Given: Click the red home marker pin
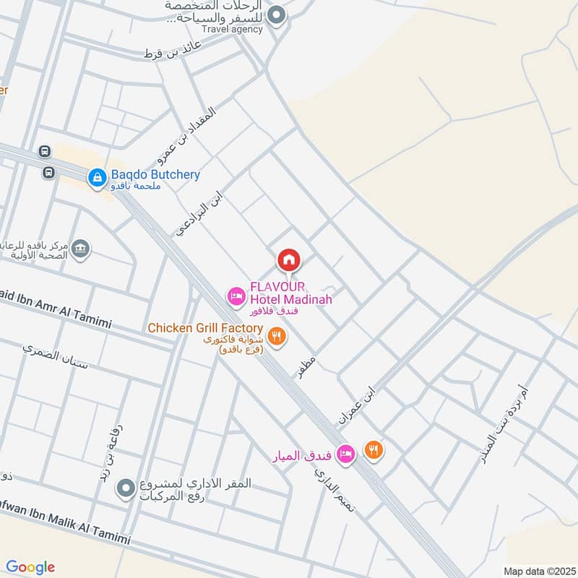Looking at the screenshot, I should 288,259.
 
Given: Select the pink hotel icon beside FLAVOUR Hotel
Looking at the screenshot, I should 236,296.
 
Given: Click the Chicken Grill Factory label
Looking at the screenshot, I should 205,328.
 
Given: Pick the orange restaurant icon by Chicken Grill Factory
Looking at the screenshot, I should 276,336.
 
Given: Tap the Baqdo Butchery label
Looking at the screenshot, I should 155,175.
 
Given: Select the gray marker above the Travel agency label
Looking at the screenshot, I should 276,14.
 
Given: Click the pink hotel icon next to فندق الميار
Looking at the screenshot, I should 346,453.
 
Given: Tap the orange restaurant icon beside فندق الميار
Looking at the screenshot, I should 374,450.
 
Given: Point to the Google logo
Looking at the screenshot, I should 31,567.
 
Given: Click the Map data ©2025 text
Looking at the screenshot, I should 538,570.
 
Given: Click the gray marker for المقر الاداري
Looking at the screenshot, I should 126,490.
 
